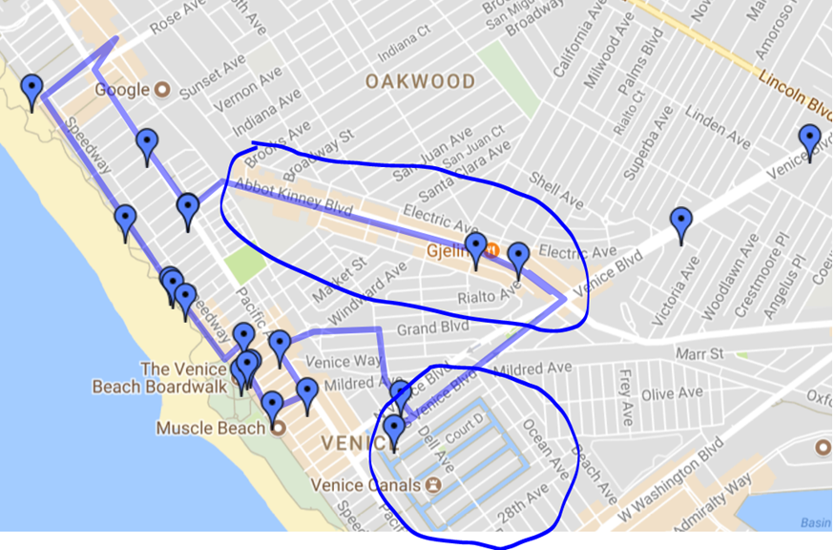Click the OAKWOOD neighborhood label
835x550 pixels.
point(420,82)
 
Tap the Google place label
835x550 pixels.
point(122,90)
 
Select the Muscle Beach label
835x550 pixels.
point(210,428)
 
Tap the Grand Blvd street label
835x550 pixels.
point(434,328)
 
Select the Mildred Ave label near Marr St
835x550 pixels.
point(534,368)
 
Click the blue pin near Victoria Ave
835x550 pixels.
point(680,223)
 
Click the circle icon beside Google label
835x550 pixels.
point(162,90)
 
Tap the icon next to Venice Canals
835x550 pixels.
point(433,484)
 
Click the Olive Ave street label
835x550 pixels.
point(671,392)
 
